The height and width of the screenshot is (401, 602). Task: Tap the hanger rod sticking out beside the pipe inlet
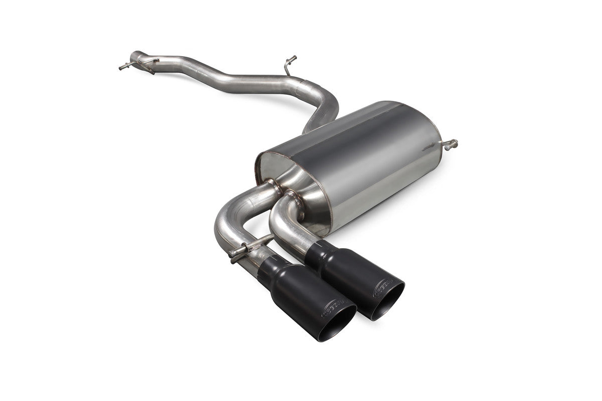click(123, 67)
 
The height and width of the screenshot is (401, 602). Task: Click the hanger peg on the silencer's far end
click(450, 144)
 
